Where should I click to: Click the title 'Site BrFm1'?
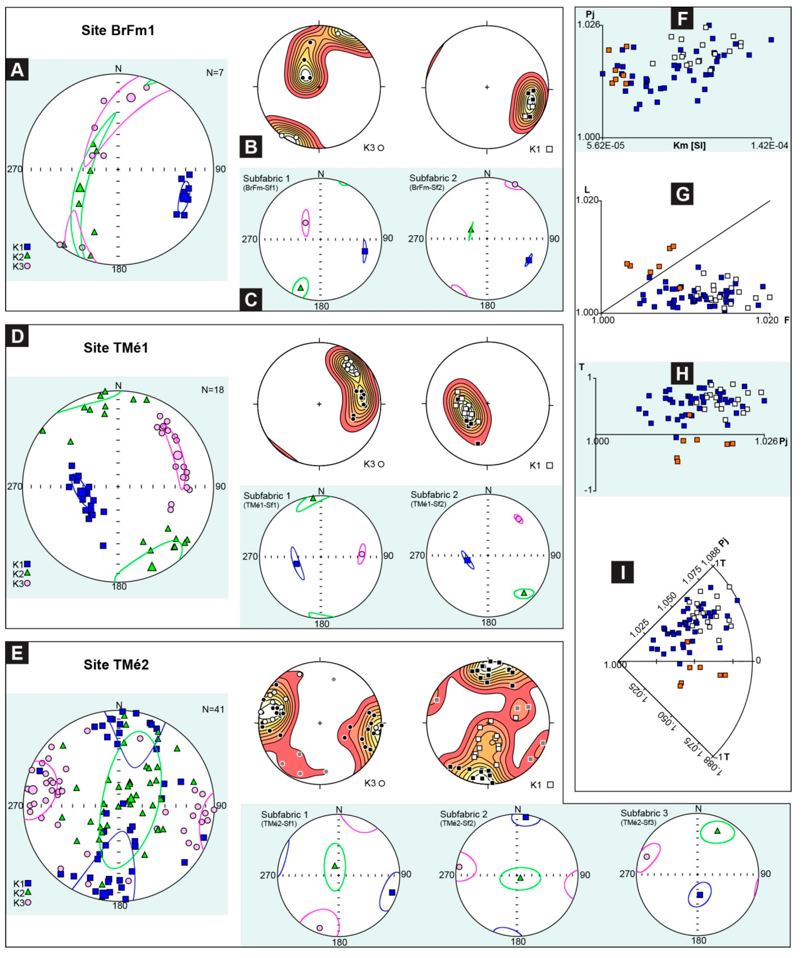click(118, 31)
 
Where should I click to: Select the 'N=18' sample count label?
click(213, 390)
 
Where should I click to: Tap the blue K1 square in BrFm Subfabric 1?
click(365, 251)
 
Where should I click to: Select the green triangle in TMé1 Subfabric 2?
click(524, 593)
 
